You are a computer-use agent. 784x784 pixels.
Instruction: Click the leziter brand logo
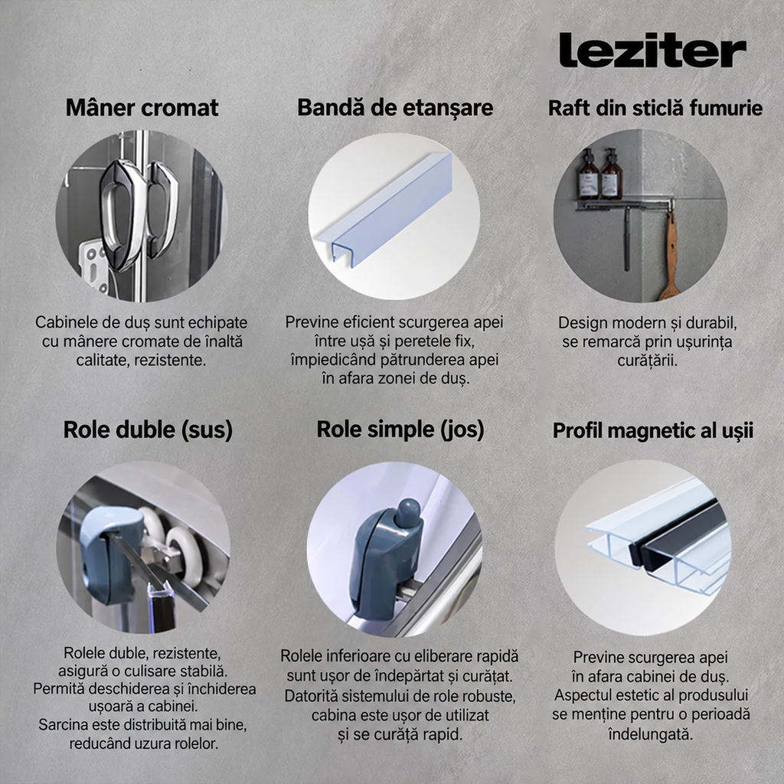click(652, 50)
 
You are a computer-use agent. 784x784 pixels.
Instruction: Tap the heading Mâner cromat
click(142, 107)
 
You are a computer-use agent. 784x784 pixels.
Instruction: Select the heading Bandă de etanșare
click(395, 107)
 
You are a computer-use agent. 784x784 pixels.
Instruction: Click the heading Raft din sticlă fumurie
click(655, 108)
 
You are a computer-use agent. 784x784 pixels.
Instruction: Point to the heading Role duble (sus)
click(148, 430)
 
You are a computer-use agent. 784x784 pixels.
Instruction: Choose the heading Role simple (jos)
click(400, 430)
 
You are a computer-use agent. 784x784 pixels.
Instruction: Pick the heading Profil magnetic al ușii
click(652, 430)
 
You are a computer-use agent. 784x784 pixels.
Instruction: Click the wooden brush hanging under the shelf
click(669, 256)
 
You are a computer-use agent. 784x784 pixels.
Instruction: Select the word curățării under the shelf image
click(648, 361)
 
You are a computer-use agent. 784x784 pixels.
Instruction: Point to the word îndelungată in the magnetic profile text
click(650, 734)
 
